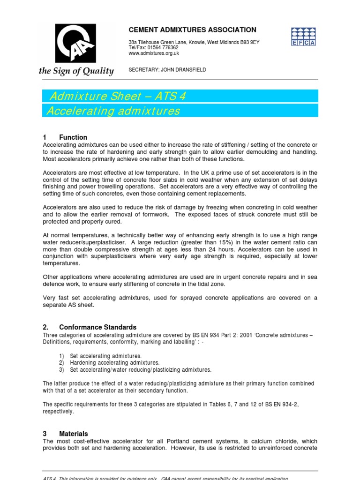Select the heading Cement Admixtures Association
192,30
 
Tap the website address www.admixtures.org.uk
154,53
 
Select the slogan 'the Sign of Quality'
76,71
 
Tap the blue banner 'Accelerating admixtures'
114,111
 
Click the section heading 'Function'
73,137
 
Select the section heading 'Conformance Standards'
97,327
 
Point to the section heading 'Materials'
73,434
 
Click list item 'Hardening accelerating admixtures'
115,363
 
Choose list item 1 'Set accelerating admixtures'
106,356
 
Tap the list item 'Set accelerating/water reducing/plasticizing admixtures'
141,369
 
